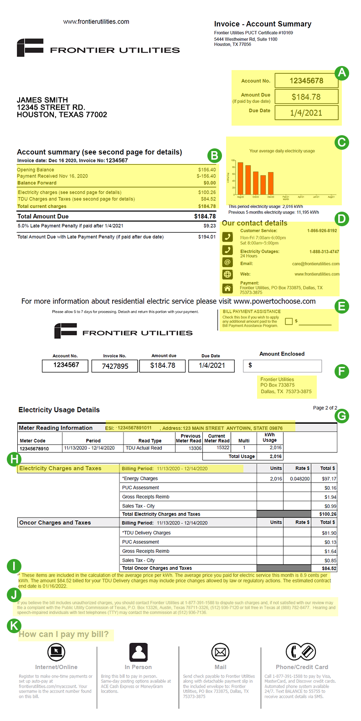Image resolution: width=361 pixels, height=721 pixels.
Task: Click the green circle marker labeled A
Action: pyautogui.click(x=341, y=73)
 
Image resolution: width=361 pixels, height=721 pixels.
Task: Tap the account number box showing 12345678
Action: pyautogui.click(x=306, y=81)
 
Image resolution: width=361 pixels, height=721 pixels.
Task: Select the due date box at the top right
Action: pyautogui.click(x=306, y=113)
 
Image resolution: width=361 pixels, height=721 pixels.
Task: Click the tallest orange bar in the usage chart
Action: pyautogui.click(x=240, y=178)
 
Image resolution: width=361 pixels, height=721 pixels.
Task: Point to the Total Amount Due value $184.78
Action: pyautogui.click(x=205, y=217)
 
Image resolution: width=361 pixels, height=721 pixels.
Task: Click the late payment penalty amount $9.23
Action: pyautogui.click(x=209, y=226)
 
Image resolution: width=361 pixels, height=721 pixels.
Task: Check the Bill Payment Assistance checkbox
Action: pyautogui.click(x=288, y=321)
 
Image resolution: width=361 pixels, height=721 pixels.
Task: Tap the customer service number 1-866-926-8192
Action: pyautogui.click(x=322, y=231)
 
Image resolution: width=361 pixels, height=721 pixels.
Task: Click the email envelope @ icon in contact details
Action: pyautogui.click(x=227, y=263)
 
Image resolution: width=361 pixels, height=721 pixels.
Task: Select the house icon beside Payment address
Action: pyautogui.click(x=227, y=288)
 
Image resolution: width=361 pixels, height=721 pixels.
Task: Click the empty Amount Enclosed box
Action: pyautogui.click(x=282, y=366)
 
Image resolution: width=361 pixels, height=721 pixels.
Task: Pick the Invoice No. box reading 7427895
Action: pyautogui.click(x=115, y=366)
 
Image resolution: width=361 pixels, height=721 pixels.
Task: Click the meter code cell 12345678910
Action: pyautogui.click(x=34, y=448)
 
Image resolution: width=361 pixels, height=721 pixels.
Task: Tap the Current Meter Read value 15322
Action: pyautogui.click(x=222, y=448)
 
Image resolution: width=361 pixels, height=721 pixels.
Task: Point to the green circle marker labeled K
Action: pyautogui.click(x=14, y=626)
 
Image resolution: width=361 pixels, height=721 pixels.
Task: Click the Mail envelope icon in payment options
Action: pyautogui.click(x=220, y=652)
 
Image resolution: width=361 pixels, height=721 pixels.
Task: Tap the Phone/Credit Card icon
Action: pyautogui.click(x=301, y=652)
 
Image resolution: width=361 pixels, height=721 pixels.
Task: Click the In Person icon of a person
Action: pyautogui.click(x=138, y=652)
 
